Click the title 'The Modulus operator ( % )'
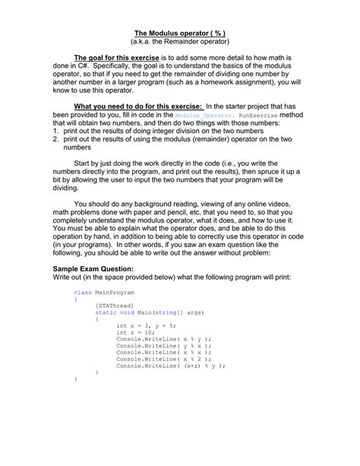[180, 33]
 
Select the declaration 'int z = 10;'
[136, 332]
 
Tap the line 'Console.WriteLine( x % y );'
[163, 339]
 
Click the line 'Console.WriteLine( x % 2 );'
[163, 359]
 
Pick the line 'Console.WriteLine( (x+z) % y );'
[171, 366]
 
